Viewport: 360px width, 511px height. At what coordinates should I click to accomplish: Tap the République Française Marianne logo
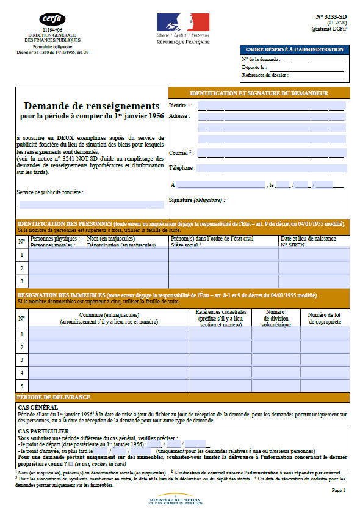[x=182, y=28]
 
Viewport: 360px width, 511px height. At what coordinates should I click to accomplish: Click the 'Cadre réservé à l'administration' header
[x=294, y=49]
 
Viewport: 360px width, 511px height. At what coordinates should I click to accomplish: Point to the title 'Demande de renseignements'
[x=92, y=106]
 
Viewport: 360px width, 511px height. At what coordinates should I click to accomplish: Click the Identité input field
[x=271, y=106]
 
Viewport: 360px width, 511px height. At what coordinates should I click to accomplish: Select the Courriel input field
[x=271, y=153]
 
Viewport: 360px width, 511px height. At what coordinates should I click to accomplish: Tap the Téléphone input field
[x=271, y=168]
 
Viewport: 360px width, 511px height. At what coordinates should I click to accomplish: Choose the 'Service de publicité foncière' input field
[x=92, y=204]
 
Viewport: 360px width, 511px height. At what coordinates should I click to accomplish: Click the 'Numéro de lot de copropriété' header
[x=324, y=318]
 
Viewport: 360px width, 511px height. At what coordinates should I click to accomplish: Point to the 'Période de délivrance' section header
[x=55, y=397]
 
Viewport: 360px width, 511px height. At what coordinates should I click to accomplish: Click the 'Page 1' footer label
[x=338, y=490]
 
